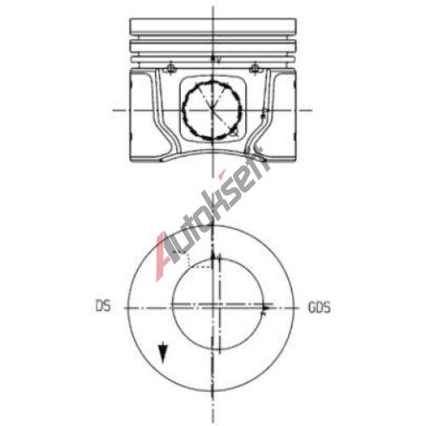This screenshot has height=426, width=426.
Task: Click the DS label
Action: pyautogui.click(x=103, y=306)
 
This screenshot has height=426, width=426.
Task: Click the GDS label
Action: pyautogui.click(x=319, y=308)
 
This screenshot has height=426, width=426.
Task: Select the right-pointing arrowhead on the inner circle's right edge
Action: pyautogui.click(x=266, y=308)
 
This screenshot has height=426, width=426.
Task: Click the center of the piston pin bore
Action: pyautogui.click(x=212, y=110)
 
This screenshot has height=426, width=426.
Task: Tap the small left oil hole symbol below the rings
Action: pyautogui.click(x=170, y=67)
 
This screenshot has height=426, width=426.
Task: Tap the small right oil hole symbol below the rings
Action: pyautogui.click(x=255, y=67)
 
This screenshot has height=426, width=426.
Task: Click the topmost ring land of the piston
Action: pyautogui.click(x=213, y=26)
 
